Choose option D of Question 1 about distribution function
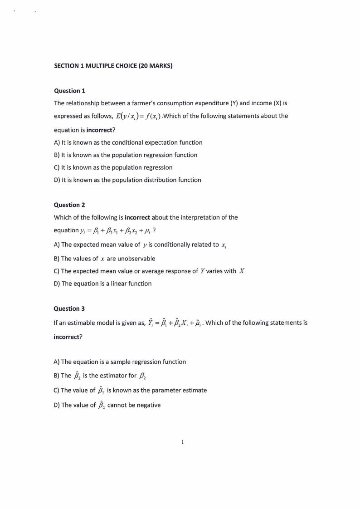(x=127, y=180)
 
